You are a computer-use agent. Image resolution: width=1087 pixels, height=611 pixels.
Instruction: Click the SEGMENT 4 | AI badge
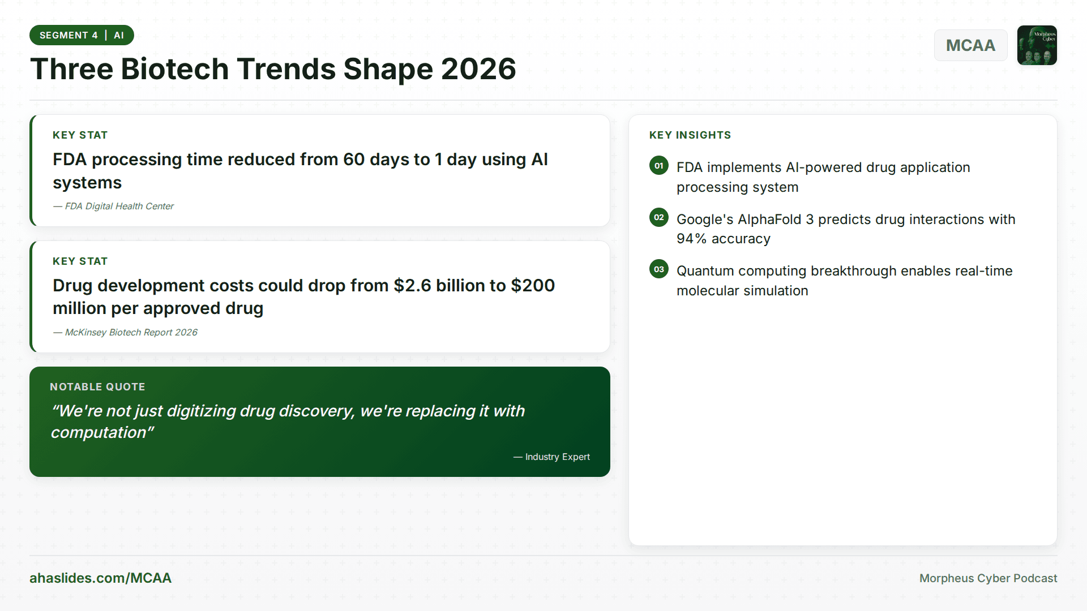point(82,35)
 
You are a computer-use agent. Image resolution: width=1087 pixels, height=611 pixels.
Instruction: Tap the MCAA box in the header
point(970,45)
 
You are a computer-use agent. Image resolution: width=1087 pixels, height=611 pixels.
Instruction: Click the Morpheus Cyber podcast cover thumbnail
point(1037,45)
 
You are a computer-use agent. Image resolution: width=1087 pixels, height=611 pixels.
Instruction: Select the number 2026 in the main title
point(478,69)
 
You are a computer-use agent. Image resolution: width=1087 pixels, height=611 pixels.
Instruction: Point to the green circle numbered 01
point(659,166)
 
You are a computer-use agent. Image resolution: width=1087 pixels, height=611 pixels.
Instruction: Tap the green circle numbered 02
point(659,217)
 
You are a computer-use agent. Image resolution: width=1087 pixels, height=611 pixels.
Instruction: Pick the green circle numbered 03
point(659,269)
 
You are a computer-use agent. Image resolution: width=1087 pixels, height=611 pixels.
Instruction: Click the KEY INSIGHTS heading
point(690,135)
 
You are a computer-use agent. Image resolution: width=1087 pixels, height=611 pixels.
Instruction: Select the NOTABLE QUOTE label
point(97,387)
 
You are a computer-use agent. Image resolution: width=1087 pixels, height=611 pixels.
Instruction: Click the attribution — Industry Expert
point(552,457)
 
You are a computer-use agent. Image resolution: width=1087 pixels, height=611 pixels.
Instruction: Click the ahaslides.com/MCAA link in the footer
point(100,578)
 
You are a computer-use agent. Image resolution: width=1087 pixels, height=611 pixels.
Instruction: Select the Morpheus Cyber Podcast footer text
point(988,578)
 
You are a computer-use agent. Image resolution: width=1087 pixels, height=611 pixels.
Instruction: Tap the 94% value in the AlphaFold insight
point(691,239)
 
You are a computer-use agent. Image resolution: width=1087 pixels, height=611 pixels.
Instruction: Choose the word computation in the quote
point(99,433)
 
